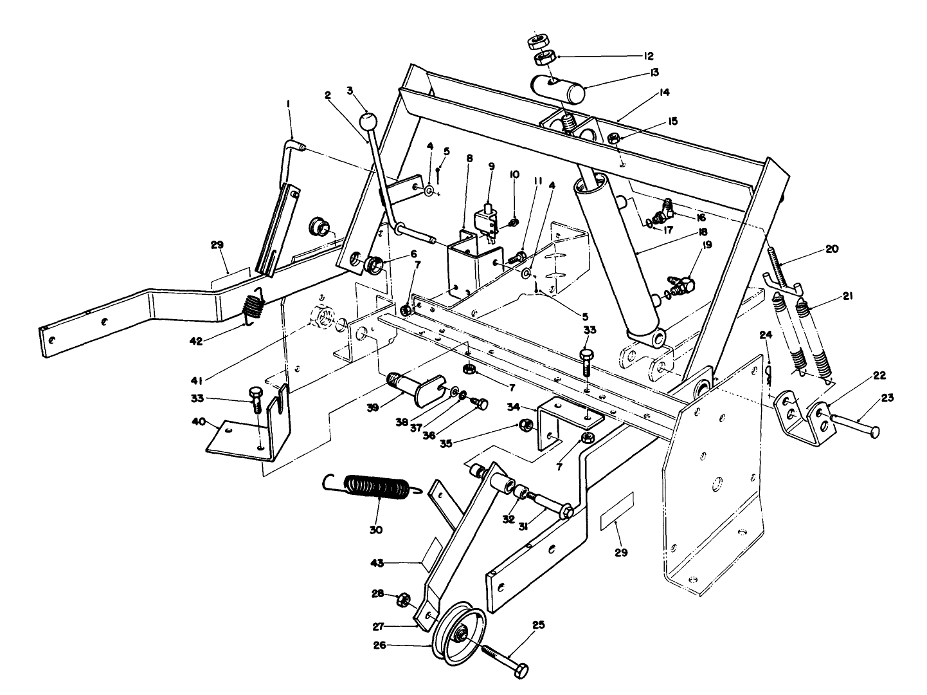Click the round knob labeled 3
tap(368, 121)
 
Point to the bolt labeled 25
tap(505, 659)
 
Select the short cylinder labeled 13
tap(558, 89)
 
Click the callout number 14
tap(664, 93)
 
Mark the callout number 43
tap(377, 563)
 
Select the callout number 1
tap(289, 104)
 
